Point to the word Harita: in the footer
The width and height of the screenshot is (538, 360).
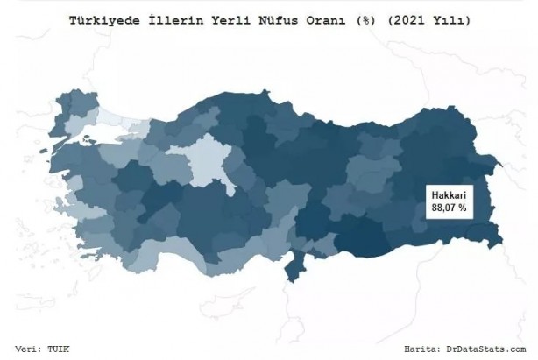(427, 349)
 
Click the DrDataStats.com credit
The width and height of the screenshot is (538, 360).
(488, 349)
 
